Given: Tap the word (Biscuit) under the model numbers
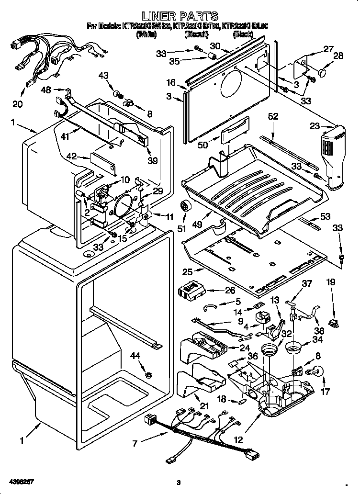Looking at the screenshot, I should point(196,34).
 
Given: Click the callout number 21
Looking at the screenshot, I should point(204,406).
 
